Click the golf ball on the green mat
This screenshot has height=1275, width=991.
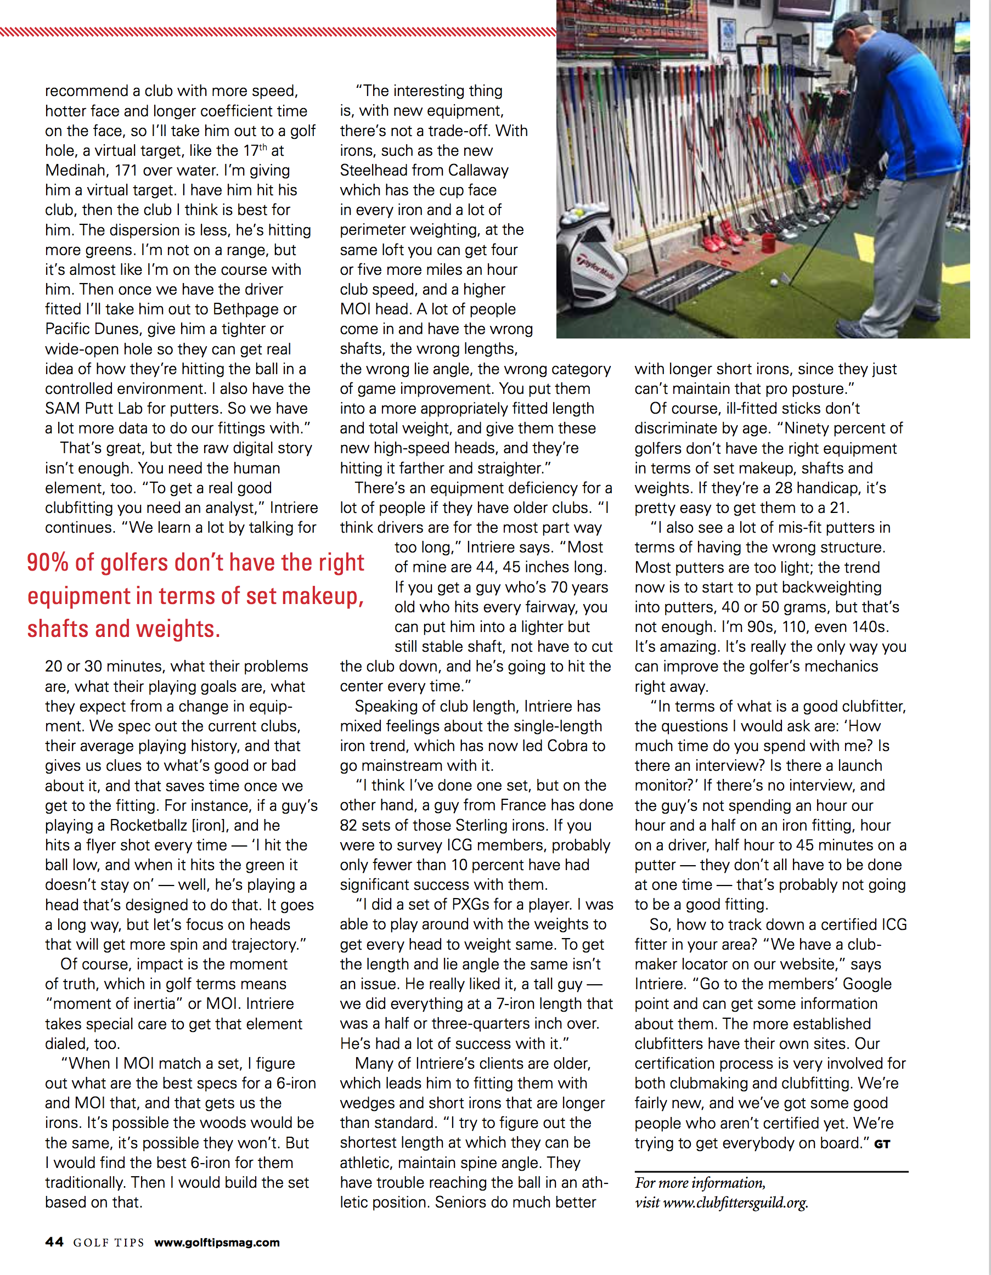click(x=774, y=283)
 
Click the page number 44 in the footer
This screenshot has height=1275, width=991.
click(x=54, y=1242)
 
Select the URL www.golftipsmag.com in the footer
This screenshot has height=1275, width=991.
click(x=217, y=1242)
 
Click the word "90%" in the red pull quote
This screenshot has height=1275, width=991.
click(x=48, y=562)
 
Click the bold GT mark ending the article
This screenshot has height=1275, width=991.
click(x=882, y=1144)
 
